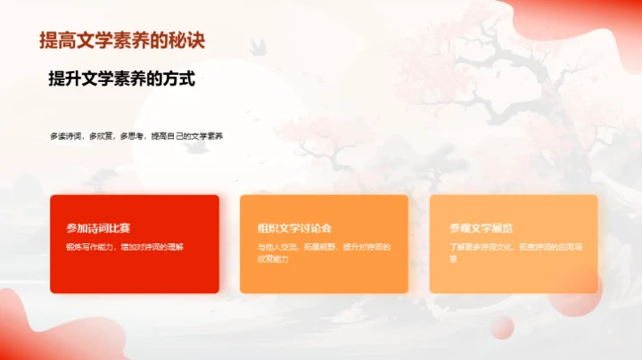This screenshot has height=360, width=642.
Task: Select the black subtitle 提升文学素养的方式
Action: tap(121, 79)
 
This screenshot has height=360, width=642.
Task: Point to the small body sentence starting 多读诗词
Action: tap(136, 136)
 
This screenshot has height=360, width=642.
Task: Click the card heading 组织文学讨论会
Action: tap(294, 229)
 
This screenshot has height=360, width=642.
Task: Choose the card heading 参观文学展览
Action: tap(481, 229)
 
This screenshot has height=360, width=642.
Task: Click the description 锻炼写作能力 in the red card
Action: tap(130, 246)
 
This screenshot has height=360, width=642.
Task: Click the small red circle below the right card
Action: tap(502, 327)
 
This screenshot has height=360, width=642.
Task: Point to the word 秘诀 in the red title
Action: tap(193, 41)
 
